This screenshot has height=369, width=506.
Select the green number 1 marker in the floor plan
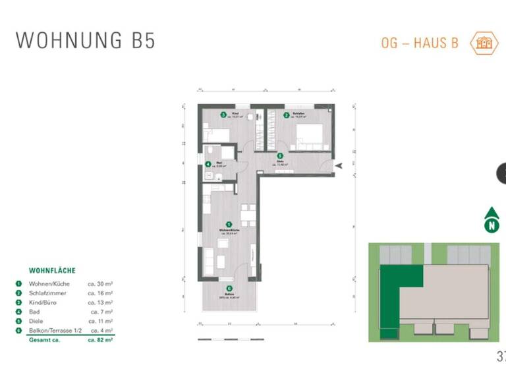(229, 224)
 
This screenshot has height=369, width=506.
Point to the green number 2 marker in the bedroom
(287, 115)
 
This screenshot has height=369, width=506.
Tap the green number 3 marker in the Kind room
(223, 115)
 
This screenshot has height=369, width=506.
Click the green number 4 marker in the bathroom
(208, 165)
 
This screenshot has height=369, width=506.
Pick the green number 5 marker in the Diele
(280, 156)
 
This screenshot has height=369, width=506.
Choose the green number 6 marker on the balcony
(229, 288)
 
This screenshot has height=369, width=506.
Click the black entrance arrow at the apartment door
(339, 167)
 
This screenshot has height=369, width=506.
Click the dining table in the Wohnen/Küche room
(247, 214)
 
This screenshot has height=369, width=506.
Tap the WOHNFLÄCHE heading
(52, 270)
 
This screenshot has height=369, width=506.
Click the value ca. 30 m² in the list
(100, 283)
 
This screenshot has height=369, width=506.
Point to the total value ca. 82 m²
(100, 340)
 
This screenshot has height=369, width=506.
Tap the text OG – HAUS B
(420, 43)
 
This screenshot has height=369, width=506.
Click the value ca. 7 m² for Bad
(101, 311)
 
